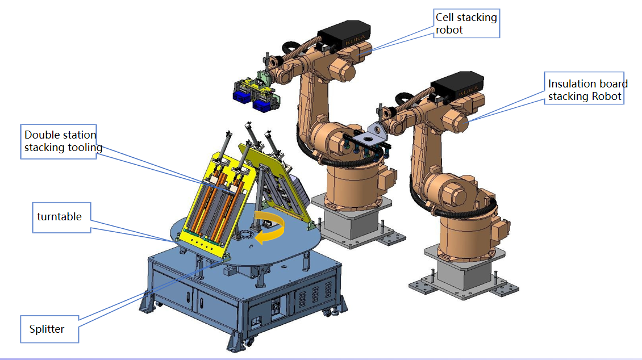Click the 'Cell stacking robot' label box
466,24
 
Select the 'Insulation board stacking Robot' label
585,90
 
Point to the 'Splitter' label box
50,329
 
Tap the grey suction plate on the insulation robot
371,136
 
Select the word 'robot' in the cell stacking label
449,30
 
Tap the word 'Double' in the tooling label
41,135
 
